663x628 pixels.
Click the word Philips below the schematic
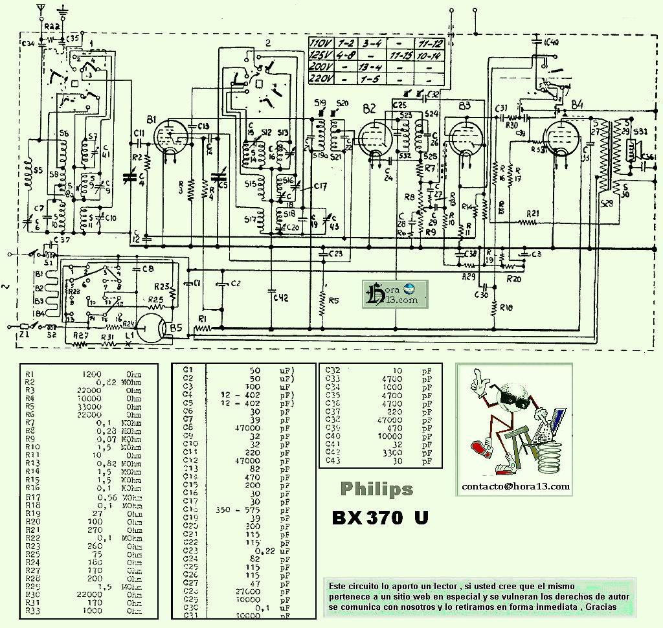376,489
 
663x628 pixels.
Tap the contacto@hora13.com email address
515,486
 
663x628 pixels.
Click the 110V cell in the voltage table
321,44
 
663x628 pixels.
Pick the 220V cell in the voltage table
321,78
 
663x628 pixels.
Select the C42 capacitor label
280,297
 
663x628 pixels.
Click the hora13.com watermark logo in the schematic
392,295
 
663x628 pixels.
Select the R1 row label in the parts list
29,374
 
